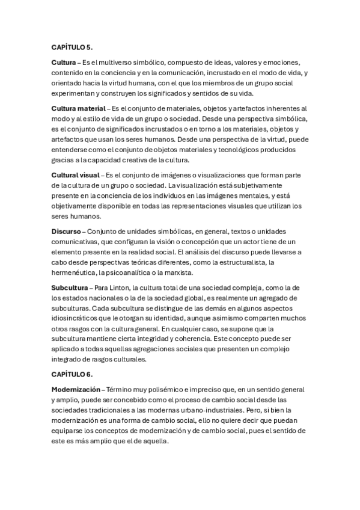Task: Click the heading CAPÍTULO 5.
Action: tap(72, 47)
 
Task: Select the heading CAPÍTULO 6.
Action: tap(72, 374)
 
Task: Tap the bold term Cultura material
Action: tap(78, 109)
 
